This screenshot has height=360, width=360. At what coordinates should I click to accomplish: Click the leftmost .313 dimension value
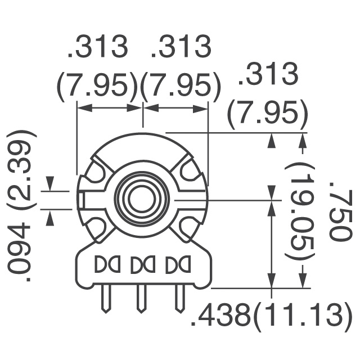pyautogui.click(x=98, y=48)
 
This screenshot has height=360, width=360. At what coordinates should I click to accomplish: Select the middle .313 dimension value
pyautogui.click(x=181, y=48)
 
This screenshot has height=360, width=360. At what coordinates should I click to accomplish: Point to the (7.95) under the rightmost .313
pyautogui.click(x=267, y=116)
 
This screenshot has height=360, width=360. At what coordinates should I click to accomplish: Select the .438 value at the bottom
pyautogui.click(x=220, y=317)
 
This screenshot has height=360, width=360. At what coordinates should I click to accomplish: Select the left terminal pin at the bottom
pyautogui.click(x=105, y=299)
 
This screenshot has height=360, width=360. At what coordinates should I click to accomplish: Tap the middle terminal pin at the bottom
pyautogui.click(x=141, y=299)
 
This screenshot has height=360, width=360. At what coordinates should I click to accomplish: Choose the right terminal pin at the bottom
pyautogui.click(x=179, y=299)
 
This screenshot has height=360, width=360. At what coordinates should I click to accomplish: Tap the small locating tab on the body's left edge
pyautogui.click(x=83, y=199)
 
